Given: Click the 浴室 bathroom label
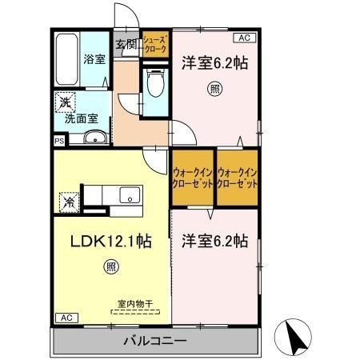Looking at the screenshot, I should (94, 58).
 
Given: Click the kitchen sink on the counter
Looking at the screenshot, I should (128, 195).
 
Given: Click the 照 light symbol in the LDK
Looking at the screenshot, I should (110, 266).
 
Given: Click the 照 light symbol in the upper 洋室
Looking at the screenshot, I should (214, 87).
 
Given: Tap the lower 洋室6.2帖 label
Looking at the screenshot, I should (213, 239).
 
